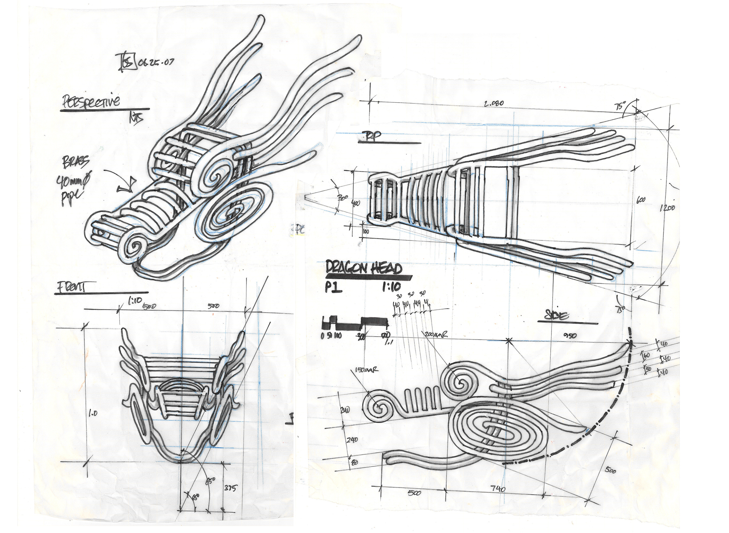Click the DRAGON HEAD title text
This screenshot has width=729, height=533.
point(364,268)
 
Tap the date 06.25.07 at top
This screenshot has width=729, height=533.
point(156,62)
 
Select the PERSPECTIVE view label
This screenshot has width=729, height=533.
point(91,101)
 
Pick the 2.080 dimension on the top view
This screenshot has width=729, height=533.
point(494,103)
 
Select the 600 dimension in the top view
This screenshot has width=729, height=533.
point(641,200)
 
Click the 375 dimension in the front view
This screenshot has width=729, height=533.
point(230,488)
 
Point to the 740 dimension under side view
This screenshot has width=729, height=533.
point(498,489)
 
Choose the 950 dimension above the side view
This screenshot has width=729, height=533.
point(570,335)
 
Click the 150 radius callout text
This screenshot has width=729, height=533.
point(366,370)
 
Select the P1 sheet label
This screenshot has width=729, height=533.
point(334,288)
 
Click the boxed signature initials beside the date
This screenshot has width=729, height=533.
point(126,62)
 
